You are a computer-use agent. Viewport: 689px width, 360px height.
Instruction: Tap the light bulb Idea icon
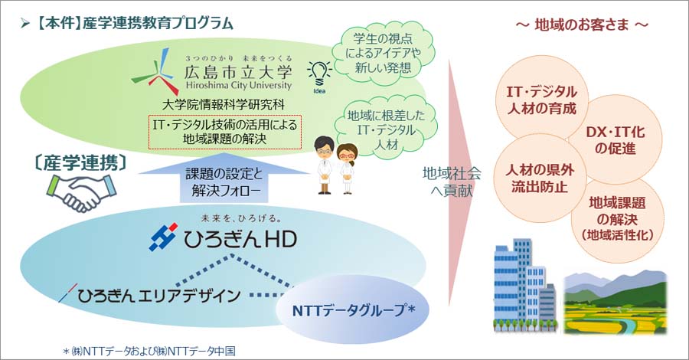[319, 76]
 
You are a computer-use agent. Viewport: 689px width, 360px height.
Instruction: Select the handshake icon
[81, 192]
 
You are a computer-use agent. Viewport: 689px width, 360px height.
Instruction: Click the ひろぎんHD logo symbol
[163, 237]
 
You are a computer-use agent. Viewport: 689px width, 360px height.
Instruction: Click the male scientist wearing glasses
[325, 165]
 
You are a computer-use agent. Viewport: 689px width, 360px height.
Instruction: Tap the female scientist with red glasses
[347, 169]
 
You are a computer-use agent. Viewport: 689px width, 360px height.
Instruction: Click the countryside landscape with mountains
[616, 303]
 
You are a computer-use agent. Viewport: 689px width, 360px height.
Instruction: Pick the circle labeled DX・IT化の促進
[615, 139]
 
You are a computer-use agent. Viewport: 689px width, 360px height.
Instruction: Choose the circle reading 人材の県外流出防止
[539, 178]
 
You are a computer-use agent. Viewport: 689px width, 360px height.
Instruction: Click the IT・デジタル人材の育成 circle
[541, 100]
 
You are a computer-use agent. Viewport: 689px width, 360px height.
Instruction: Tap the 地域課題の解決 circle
[617, 218]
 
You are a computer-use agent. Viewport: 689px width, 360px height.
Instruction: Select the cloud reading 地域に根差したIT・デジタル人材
[385, 130]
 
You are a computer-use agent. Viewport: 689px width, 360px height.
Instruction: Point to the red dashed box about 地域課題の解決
[224, 132]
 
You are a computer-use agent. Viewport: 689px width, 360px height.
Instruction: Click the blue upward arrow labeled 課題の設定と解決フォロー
[224, 178]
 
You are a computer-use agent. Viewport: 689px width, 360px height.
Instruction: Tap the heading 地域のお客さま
[582, 25]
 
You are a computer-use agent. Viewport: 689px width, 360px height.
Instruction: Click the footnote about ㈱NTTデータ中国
[149, 351]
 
